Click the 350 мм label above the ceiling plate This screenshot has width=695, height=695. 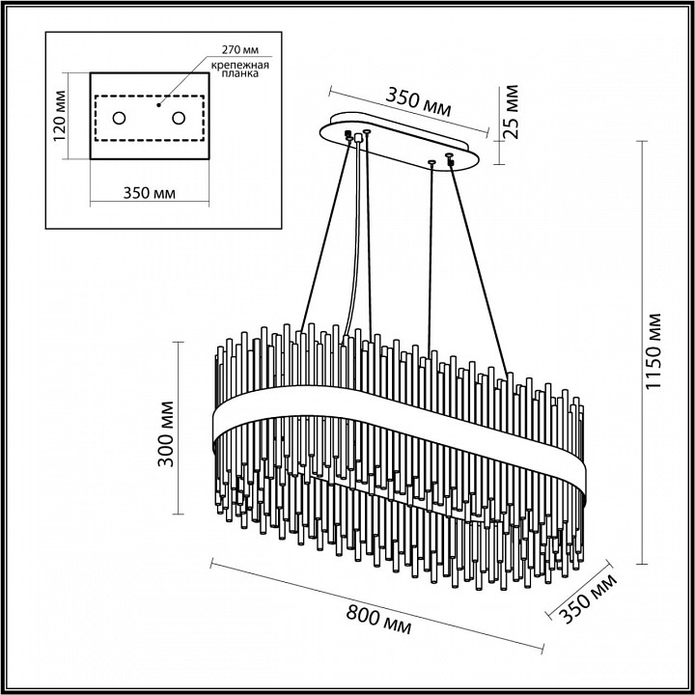[x=419, y=100]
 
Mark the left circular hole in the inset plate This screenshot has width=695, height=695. [x=120, y=118]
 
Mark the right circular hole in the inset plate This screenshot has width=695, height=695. [x=179, y=118]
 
